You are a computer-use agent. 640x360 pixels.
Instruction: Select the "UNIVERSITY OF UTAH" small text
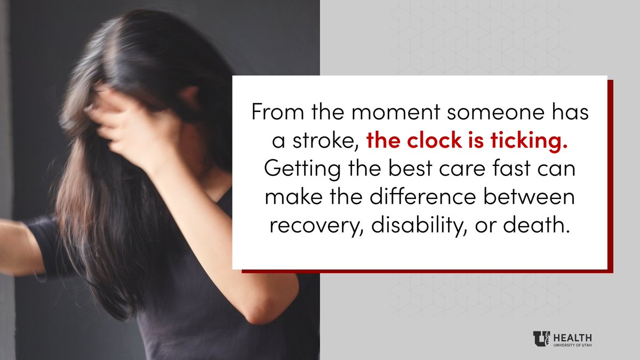point(573,345)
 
